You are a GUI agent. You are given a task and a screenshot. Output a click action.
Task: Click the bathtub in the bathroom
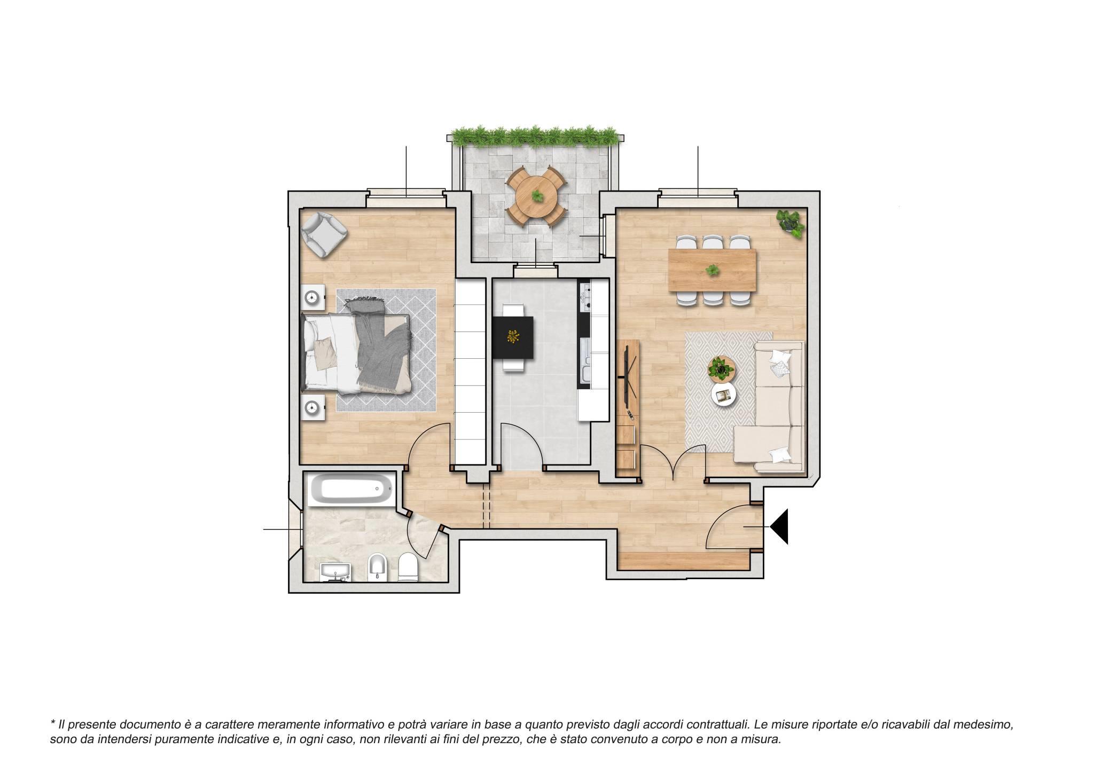coord(353,490)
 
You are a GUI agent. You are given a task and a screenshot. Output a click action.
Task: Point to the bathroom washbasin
coord(335,572)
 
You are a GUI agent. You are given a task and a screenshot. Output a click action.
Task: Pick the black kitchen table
coord(513,337)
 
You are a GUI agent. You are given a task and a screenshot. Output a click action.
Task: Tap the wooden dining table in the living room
coord(712,271)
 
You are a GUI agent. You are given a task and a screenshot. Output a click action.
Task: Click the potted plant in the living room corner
coord(791,222)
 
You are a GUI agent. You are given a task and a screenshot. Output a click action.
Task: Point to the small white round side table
coord(724,396)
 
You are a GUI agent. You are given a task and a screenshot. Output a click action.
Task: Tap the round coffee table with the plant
coord(722,369)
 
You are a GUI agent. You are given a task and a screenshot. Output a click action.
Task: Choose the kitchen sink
coord(584,364)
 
